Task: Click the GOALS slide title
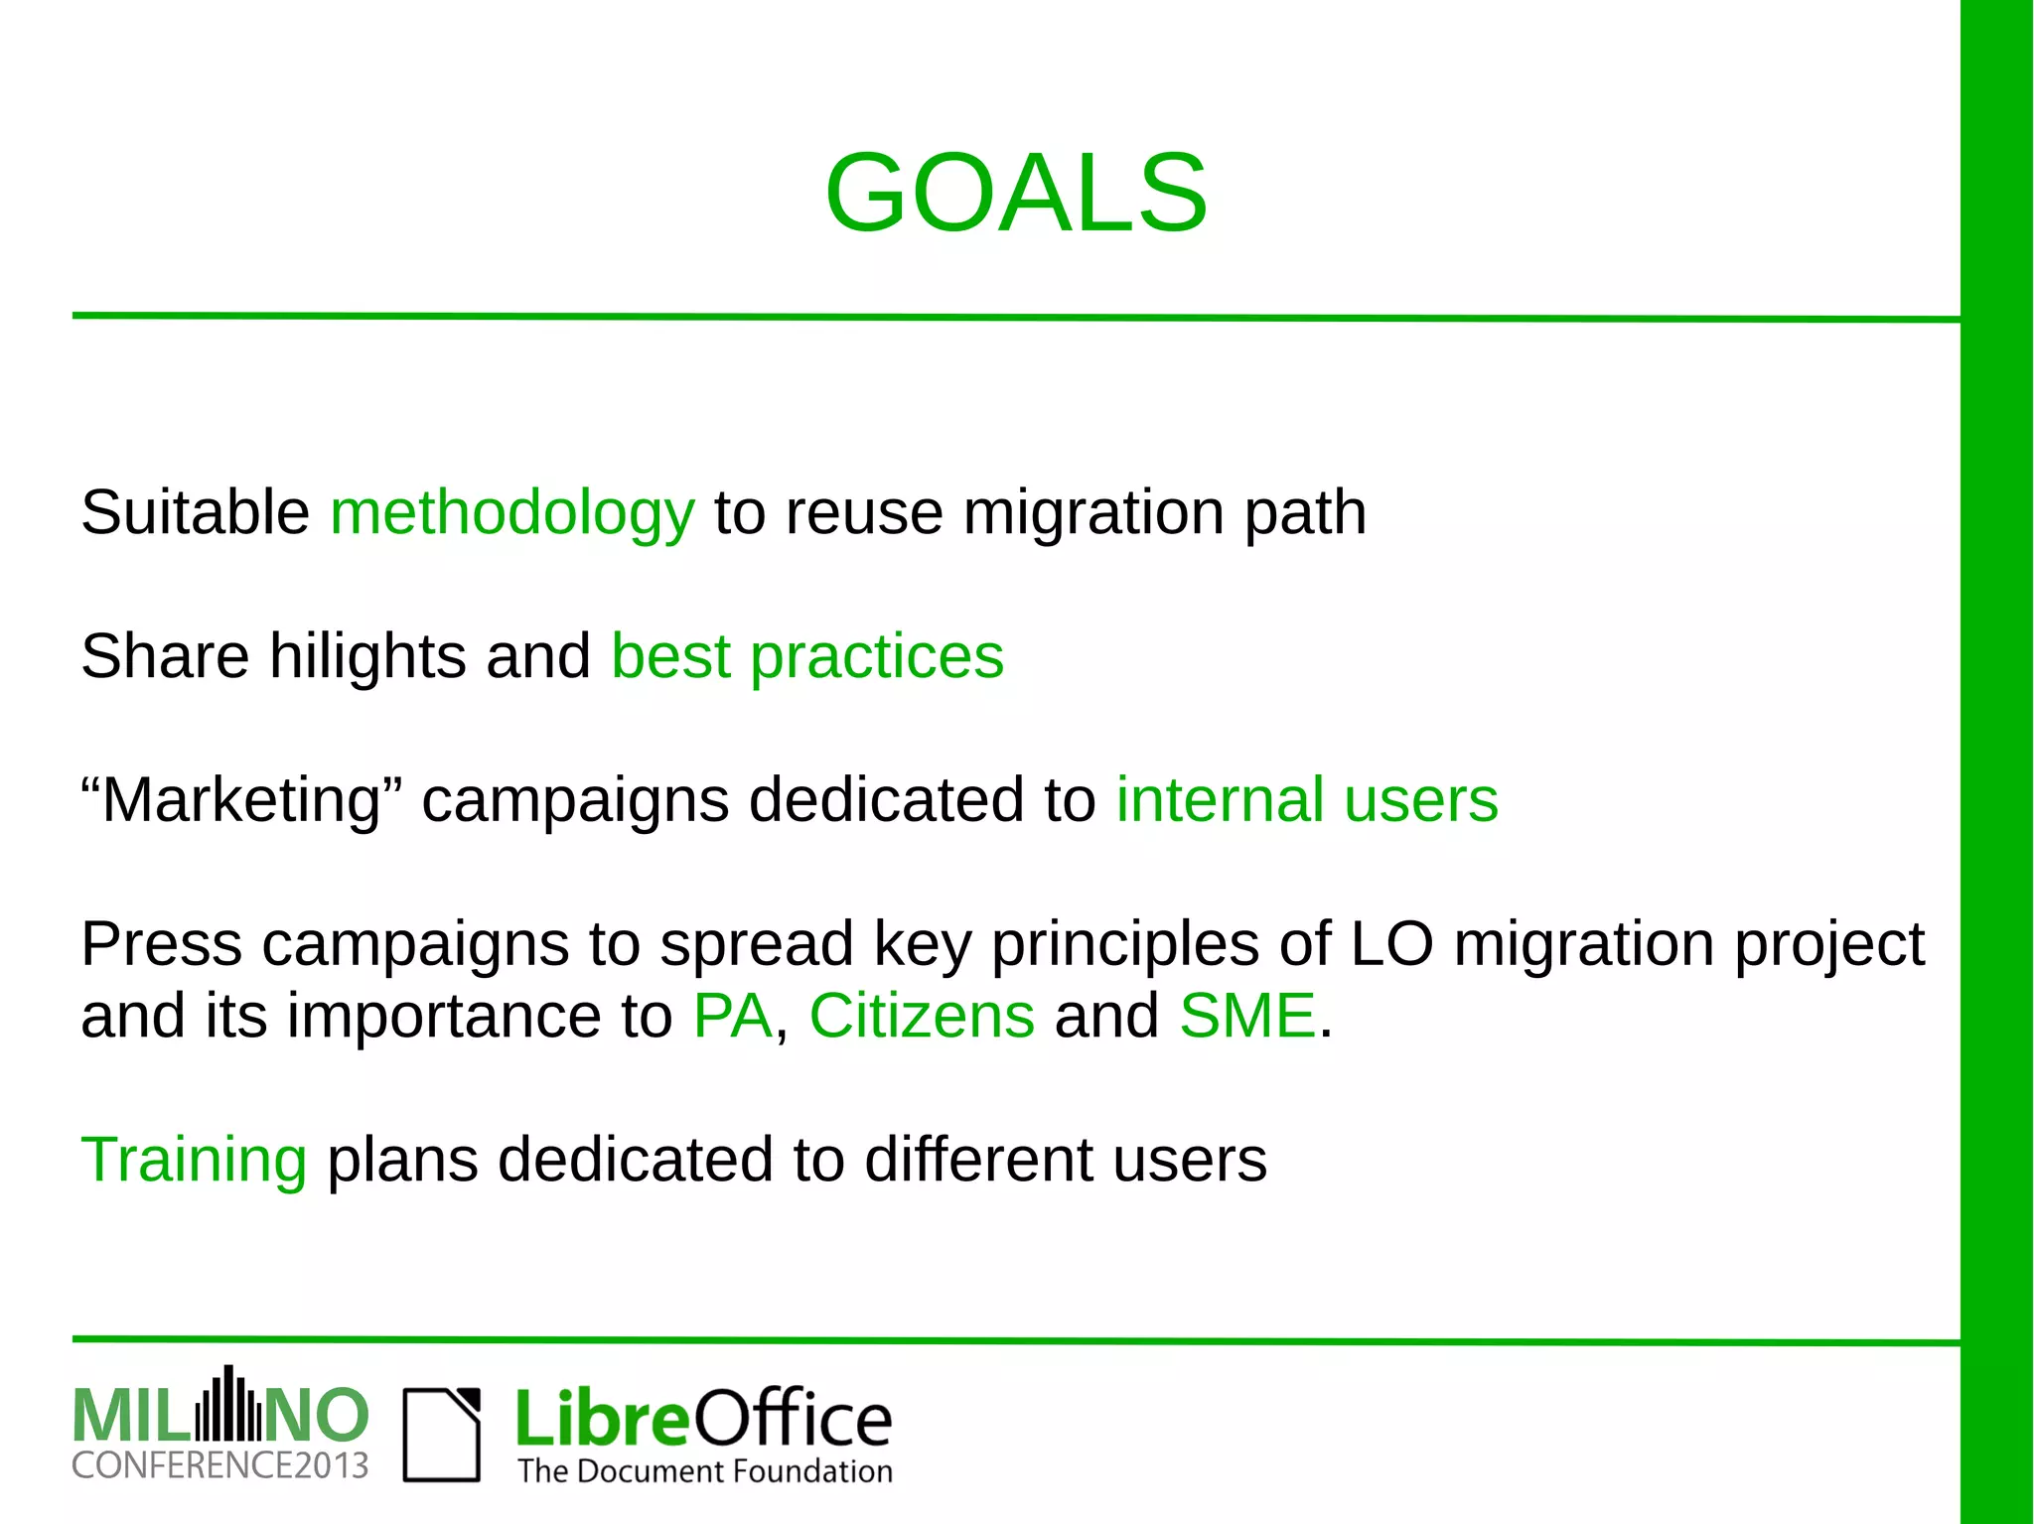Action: [x=1016, y=193]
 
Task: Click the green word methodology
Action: [x=511, y=514]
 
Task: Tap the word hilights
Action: [x=367, y=657]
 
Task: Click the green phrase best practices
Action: [x=806, y=657]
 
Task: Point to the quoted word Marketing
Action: [x=241, y=800]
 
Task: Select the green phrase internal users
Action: [x=1306, y=800]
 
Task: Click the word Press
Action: [x=161, y=943]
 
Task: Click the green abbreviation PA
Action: [x=732, y=1016]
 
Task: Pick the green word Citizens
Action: [x=922, y=1016]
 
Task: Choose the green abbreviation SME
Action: [x=1247, y=1016]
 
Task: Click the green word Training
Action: [x=194, y=1160]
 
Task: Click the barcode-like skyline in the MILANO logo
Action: [x=228, y=1407]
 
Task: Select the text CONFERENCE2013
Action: [x=219, y=1465]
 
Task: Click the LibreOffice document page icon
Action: [x=441, y=1435]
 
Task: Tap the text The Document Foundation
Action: [x=704, y=1470]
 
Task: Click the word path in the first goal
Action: [x=1304, y=514]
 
